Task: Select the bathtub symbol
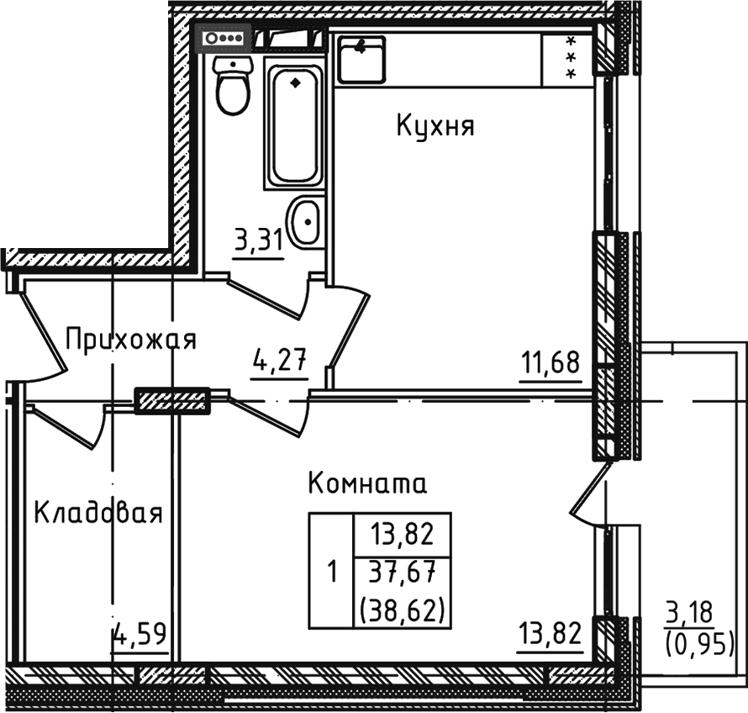pos(294,123)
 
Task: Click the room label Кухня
pos(435,127)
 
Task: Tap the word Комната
pos(368,484)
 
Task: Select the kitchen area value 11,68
pos(550,365)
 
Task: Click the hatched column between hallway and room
pos(172,400)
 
